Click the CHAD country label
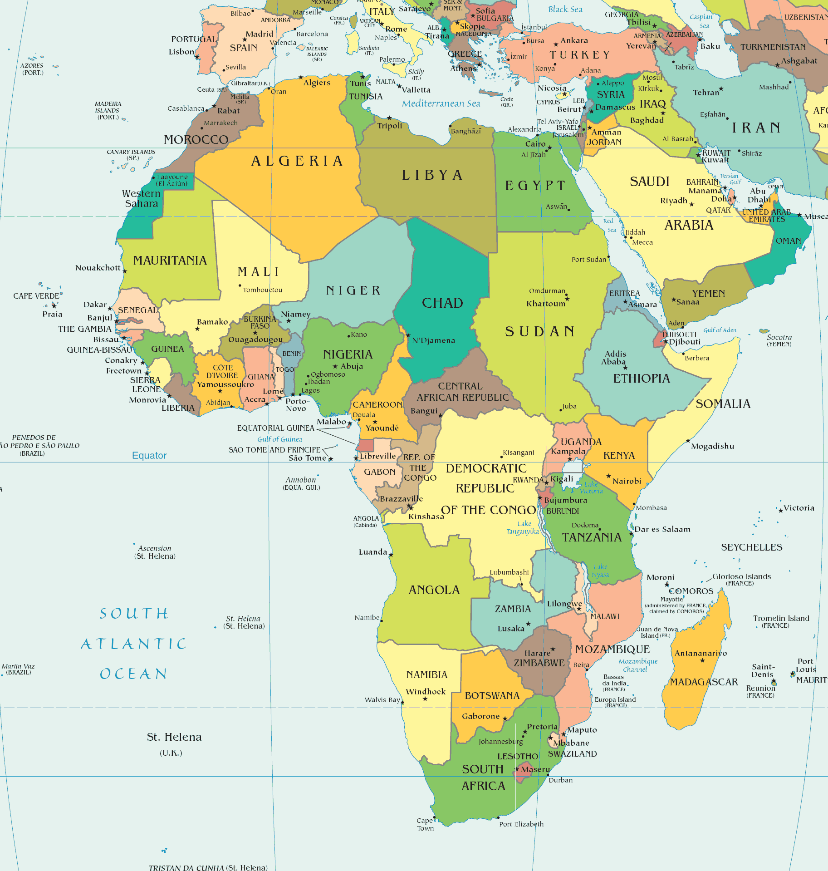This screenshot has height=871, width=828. [442, 303]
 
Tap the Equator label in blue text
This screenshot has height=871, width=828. [149, 455]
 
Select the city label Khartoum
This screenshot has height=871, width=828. [545, 304]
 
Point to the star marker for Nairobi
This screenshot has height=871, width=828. [608, 476]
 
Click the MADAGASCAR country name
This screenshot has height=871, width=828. [704, 682]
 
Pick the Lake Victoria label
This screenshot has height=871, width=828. [591, 487]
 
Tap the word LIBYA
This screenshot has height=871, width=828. [432, 175]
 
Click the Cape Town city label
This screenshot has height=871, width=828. [425, 824]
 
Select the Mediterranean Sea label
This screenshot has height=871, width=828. [441, 103]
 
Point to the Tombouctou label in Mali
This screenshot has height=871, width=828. [262, 290]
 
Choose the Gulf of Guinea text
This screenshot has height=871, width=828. [279, 439]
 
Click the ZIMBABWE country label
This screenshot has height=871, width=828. [539, 663]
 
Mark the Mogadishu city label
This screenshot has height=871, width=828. [712, 446]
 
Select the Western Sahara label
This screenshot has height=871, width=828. [141, 199]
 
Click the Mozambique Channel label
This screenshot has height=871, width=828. [637, 665]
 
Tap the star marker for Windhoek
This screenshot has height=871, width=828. [425, 699]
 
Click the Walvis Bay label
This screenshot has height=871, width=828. [382, 699]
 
